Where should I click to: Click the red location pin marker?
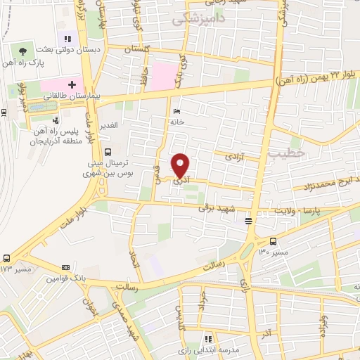click(x=181, y=166)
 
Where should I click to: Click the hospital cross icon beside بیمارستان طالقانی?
click(x=72, y=84)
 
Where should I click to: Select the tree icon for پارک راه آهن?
click(x=23, y=51)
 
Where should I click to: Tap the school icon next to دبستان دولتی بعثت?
click(x=67, y=39)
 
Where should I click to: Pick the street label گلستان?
click(x=136, y=50)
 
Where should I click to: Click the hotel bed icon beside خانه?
click(x=176, y=111)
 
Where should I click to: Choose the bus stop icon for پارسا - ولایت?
click(x=248, y=221)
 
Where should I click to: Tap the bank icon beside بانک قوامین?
click(x=66, y=267)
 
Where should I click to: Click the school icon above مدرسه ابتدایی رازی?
click(x=207, y=339)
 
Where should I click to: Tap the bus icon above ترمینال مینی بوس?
click(x=107, y=152)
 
